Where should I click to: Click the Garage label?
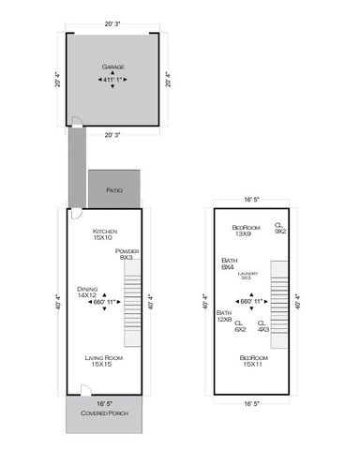coord(112,67)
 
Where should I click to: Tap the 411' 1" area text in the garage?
coord(112,80)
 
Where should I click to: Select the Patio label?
coord(114,189)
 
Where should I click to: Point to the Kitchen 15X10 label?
coord(104,234)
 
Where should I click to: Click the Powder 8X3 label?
coord(127,254)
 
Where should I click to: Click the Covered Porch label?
coord(103,413)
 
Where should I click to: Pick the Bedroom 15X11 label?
coord(252,361)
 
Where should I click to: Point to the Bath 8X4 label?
coord(228,263)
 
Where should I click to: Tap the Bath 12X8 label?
coord(224,316)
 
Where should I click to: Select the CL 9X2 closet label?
coord(279,228)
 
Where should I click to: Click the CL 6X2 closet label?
coord(240,327)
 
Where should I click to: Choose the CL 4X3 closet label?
coord(263,327)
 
